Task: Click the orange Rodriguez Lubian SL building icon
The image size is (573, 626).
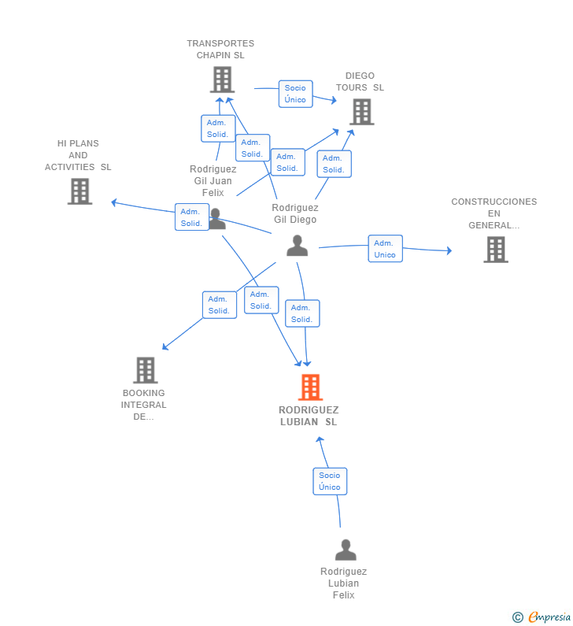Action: (310, 387)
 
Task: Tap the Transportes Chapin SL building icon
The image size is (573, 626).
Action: (223, 80)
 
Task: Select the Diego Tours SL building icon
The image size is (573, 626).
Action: (361, 112)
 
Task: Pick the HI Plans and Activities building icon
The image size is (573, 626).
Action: (79, 191)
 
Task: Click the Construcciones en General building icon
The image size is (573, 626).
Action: (495, 250)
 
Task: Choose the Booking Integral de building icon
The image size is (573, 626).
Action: (146, 370)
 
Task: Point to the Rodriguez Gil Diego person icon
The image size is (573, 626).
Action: (297, 246)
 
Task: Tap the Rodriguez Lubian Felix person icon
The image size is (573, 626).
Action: (345, 550)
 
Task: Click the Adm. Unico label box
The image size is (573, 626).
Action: (385, 249)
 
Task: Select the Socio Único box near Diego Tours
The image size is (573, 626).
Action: (295, 94)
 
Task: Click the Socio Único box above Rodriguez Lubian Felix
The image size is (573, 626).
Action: (330, 481)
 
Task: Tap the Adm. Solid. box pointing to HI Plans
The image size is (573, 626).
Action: (191, 217)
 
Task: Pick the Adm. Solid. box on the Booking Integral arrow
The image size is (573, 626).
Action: (219, 305)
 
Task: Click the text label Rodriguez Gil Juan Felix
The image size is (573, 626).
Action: (213, 181)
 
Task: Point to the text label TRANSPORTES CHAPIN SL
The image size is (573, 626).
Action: (220, 50)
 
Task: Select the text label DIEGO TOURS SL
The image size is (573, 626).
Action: (360, 82)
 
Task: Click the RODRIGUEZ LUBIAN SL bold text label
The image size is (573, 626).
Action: (309, 416)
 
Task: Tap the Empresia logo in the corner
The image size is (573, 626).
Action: (542, 617)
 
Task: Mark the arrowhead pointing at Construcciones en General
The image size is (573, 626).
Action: (449, 251)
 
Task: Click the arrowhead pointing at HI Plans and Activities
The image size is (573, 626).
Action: (114, 202)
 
